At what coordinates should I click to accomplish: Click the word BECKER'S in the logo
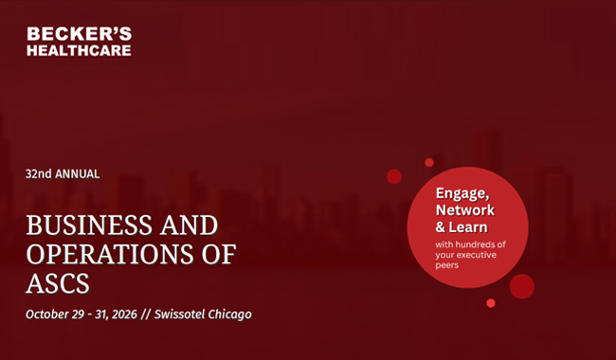pos(80,34)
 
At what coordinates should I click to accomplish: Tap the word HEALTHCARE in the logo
pos(79,50)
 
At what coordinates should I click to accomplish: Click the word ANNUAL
pos(78,174)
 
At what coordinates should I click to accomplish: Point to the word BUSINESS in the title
pos(89,225)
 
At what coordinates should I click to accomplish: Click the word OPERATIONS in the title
pos(110,254)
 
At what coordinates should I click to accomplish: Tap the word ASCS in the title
pos(58,283)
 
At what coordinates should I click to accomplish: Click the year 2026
pos(124,315)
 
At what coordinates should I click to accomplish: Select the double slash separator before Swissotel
pos(146,315)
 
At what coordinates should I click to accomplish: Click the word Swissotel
pos(179,315)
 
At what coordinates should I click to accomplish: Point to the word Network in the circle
pos(465,210)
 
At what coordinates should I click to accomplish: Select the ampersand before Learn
pos(441,227)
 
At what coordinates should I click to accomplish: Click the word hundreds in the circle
pos(476,244)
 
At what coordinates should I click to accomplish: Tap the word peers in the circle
pos(447,265)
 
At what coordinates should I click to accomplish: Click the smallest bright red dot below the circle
pos(491,303)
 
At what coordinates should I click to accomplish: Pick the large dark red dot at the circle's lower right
pos(522,286)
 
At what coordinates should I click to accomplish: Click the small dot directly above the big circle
pos(429,163)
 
